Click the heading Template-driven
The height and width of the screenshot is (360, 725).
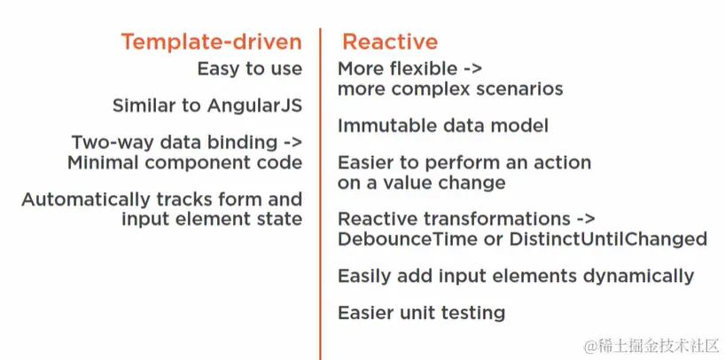coord(211,42)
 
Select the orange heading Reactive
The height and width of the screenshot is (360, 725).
coord(390,42)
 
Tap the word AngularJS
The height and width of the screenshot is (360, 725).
coord(254,106)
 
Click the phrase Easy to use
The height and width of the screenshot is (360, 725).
coord(250,69)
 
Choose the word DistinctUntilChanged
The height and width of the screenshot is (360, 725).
coord(608,239)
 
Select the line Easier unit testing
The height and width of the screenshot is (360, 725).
coord(421,313)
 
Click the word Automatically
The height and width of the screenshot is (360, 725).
coord(86,200)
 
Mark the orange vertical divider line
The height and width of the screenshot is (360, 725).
coord(319,194)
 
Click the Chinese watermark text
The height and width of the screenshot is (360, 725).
coord(652,346)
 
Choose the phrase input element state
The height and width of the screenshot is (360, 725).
coord(212,219)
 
